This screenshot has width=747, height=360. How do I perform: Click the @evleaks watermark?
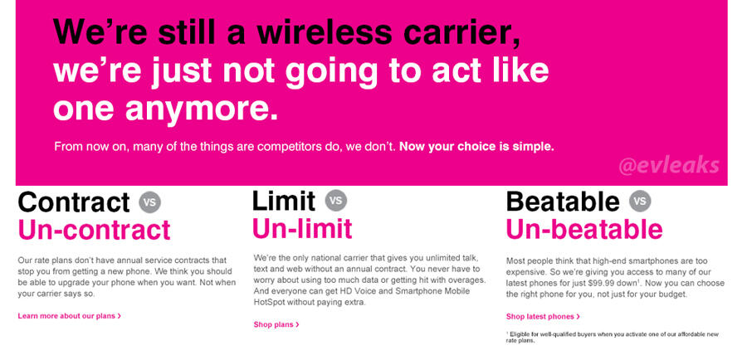pyautogui.click(x=668, y=166)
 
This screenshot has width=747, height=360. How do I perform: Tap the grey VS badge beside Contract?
pyautogui.click(x=150, y=202)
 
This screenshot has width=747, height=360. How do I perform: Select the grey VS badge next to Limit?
pyautogui.click(x=336, y=200)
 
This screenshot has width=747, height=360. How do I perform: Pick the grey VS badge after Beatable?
pyautogui.click(x=640, y=201)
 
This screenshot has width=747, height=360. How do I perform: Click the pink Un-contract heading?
pyautogui.click(x=94, y=230)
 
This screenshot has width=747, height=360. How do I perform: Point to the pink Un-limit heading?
pyautogui.click(x=302, y=228)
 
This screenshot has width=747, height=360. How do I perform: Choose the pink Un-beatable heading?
pyautogui.click(x=584, y=229)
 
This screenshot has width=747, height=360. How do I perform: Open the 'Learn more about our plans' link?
pyautogui.click(x=69, y=316)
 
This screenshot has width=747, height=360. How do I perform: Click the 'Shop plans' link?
pyautogui.click(x=276, y=324)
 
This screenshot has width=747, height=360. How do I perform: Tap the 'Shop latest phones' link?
pyautogui.click(x=543, y=316)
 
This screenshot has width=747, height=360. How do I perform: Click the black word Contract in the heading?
pyautogui.click(x=74, y=202)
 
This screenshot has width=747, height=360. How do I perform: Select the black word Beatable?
pyautogui.click(x=563, y=202)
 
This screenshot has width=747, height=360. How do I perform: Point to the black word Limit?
pyautogui.click(x=284, y=201)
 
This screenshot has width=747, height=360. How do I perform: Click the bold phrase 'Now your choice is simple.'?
pyautogui.click(x=476, y=146)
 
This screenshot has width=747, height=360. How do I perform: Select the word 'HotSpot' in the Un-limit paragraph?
pyautogui.click(x=269, y=303)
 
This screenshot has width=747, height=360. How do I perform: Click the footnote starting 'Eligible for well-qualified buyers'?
pyautogui.click(x=613, y=337)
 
